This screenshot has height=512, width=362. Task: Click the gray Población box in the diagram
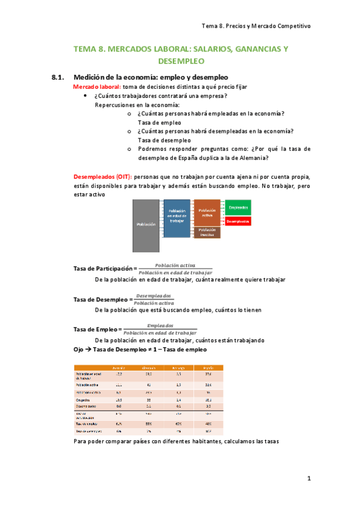(x=146, y=225)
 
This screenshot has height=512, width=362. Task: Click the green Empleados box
(x=238, y=207)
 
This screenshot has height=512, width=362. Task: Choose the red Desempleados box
(x=238, y=222)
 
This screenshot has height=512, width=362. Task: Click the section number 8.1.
(x=58, y=77)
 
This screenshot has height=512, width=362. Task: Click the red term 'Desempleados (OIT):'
(x=102, y=177)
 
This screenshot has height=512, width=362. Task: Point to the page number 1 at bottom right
(x=308, y=479)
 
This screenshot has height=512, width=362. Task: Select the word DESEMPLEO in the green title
(x=181, y=61)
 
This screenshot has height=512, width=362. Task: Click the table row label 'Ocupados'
(x=83, y=400)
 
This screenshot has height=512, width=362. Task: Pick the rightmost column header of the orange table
(x=208, y=367)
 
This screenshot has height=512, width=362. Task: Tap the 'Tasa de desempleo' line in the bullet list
(x=155, y=140)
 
